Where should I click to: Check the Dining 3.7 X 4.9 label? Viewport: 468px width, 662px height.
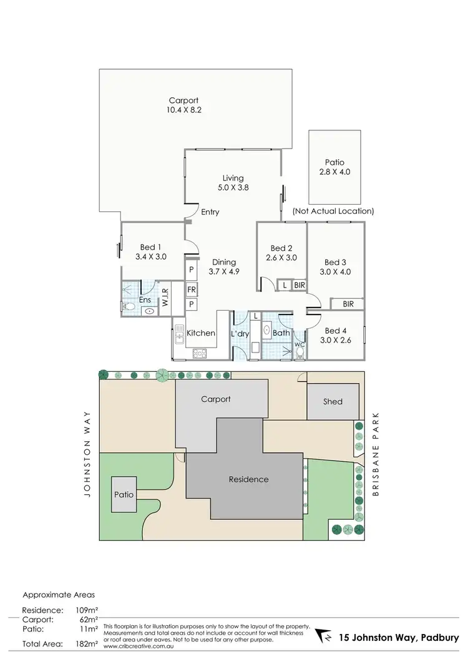[223, 266]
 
